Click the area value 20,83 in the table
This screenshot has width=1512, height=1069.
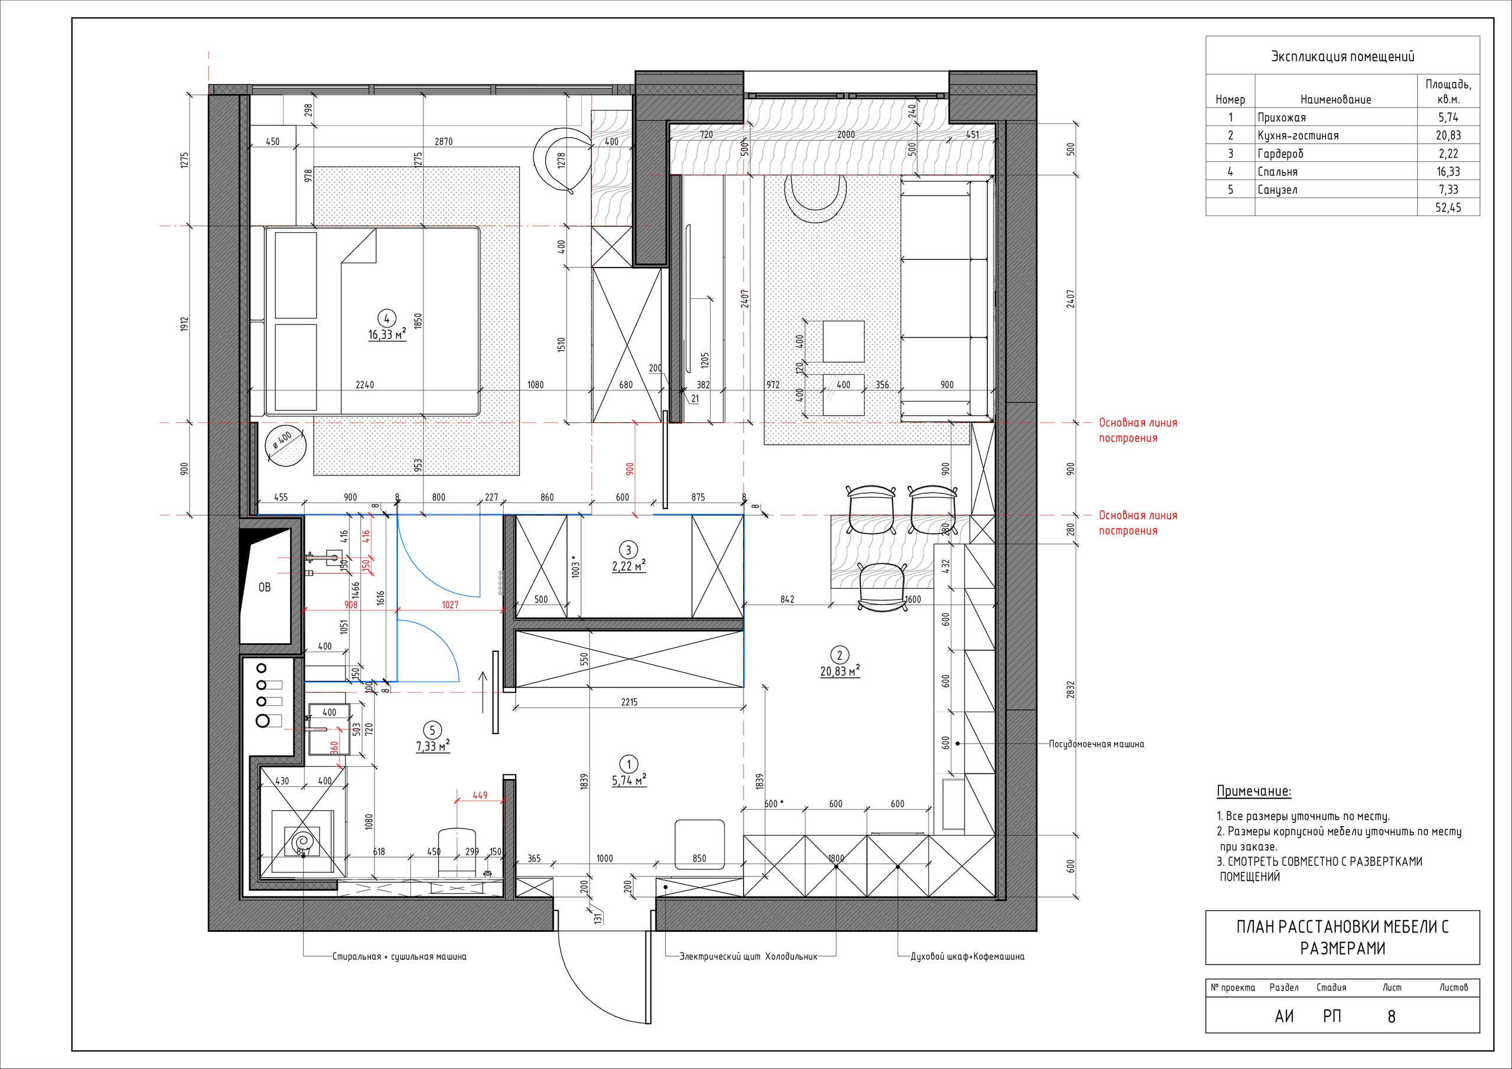point(1448,136)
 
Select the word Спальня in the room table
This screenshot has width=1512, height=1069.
point(1278,172)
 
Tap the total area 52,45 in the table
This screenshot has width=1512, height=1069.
point(1448,207)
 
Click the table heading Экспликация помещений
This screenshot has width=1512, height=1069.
point(1342,57)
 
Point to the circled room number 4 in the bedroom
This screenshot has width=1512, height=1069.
point(386,320)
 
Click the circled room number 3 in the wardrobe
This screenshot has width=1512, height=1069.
point(628,550)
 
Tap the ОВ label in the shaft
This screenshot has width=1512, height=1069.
point(264,587)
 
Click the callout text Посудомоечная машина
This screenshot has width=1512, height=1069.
point(1096,744)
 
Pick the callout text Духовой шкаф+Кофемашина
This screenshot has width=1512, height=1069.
point(967,956)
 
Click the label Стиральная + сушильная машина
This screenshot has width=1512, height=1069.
point(399,956)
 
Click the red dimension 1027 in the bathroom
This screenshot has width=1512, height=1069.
point(451,605)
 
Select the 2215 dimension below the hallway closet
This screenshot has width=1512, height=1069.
point(629,702)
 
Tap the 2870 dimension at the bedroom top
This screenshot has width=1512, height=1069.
point(444,142)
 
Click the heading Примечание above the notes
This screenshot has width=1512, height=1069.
point(1254,791)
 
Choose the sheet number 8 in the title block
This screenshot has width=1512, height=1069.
point(1392,1017)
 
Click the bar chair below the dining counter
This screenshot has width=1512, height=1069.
point(882,586)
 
